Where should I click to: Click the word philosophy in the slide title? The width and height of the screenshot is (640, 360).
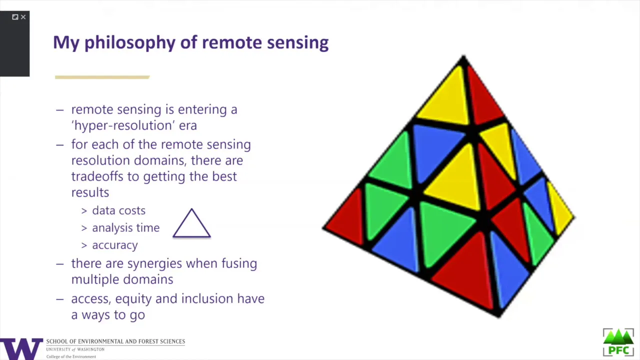tap(129, 43)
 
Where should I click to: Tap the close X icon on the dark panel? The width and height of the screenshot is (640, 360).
tap(23, 17)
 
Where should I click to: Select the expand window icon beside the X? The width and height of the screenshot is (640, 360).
tap(15, 17)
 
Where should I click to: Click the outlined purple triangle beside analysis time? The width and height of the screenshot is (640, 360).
tap(191, 223)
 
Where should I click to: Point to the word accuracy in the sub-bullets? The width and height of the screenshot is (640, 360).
tap(115, 245)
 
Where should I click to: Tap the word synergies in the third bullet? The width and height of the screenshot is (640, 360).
tap(154, 263)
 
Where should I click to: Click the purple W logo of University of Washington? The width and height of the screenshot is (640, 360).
tap(21, 349)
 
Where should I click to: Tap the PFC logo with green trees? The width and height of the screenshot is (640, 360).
tap(618, 342)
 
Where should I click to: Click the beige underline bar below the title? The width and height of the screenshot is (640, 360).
tap(102, 77)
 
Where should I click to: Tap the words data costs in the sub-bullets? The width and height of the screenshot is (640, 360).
tap(119, 210)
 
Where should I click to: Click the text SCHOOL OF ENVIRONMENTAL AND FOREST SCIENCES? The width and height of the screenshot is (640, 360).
tap(115, 341)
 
